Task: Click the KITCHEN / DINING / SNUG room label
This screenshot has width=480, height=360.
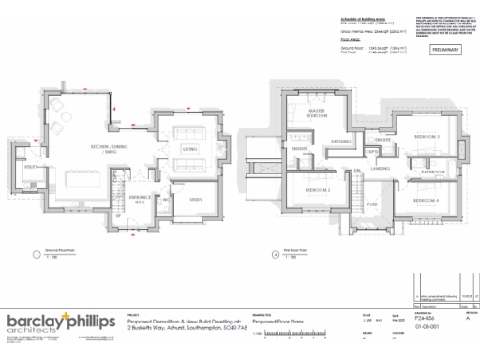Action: tap(109, 149)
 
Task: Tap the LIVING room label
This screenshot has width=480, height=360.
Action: tap(188, 148)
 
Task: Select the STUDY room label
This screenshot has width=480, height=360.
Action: tap(196, 198)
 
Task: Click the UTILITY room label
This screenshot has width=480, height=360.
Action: tap(32, 167)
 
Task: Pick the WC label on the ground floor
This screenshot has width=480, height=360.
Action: tap(166, 199)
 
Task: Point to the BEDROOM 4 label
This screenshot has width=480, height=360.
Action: tap(427, 200)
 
